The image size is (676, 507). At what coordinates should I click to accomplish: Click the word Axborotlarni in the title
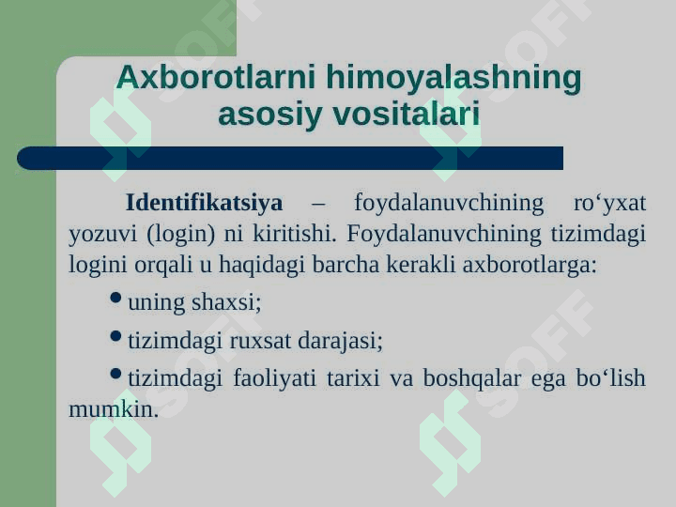216,77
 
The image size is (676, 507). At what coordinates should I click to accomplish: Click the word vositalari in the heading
407,114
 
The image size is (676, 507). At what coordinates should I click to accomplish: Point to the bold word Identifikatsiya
205,202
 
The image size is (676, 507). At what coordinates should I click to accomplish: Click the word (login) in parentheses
180,234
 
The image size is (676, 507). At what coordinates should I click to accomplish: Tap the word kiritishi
294,233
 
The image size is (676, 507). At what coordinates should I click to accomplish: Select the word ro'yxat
609,204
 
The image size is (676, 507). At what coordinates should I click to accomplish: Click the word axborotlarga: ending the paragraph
530,264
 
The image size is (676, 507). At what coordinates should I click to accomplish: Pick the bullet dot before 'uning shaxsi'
115,298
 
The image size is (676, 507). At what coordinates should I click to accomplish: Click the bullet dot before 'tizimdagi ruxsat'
115,336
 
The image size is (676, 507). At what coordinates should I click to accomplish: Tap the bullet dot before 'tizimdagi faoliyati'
115,374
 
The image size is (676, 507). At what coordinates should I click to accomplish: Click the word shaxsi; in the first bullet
226,301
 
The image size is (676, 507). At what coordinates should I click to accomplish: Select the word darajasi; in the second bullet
341,341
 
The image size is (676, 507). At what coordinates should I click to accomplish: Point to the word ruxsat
260,341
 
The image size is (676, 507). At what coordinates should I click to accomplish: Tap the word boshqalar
472,378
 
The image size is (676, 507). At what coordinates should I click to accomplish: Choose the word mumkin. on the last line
114,408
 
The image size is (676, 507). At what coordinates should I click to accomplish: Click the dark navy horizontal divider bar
290,159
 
